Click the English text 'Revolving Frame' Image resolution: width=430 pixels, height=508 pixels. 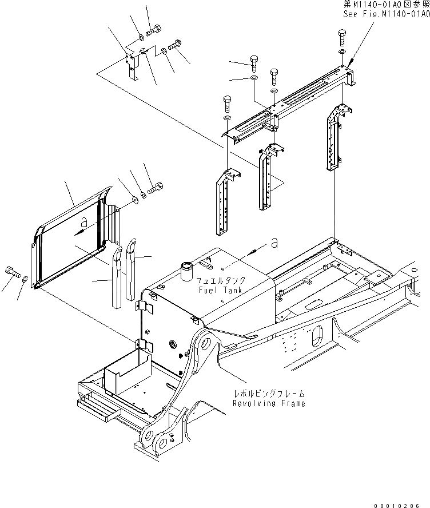tap(269, 403)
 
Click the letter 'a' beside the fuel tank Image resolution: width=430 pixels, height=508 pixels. tap(274, 244)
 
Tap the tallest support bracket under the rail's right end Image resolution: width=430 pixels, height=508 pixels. tap(333, 137)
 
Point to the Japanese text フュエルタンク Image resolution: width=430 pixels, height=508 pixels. tap(220, 281)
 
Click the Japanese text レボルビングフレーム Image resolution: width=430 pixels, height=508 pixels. tap(269, 394)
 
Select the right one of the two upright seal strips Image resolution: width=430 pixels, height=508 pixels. tap(130, 269)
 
